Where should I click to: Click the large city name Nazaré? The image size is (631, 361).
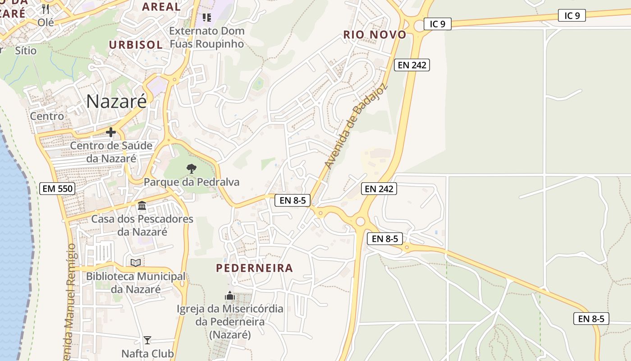click(116, 101)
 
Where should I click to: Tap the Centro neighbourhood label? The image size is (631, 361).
click(47, 116)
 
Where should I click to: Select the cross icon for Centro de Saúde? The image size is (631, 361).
click(110, 132)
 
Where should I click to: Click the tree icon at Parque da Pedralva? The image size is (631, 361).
click(192, 169)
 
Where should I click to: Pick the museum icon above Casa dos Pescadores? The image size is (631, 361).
click(142, 206)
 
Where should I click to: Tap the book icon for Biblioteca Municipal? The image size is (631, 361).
click(136, 263)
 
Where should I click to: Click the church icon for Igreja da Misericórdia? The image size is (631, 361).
click(230, 296)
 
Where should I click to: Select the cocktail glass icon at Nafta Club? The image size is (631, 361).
click(147, 340)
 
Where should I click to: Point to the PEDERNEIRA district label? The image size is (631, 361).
click(255, 268)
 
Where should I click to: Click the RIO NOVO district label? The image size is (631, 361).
click(375, 35)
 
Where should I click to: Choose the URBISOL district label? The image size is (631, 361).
click(136, 45)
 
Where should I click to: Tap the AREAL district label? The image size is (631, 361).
click(161, 7)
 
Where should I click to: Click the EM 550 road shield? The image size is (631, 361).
click(57, 189)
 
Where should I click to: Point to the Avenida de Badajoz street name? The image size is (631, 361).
click(356, 126)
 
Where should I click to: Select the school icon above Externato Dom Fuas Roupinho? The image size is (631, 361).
click(207, 18)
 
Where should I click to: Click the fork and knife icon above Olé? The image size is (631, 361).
click(45, 9)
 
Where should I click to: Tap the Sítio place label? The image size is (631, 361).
click(26, 51)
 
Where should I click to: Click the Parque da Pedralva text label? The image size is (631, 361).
click(192, 182)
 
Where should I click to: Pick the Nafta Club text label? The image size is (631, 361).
click(147, 353)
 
